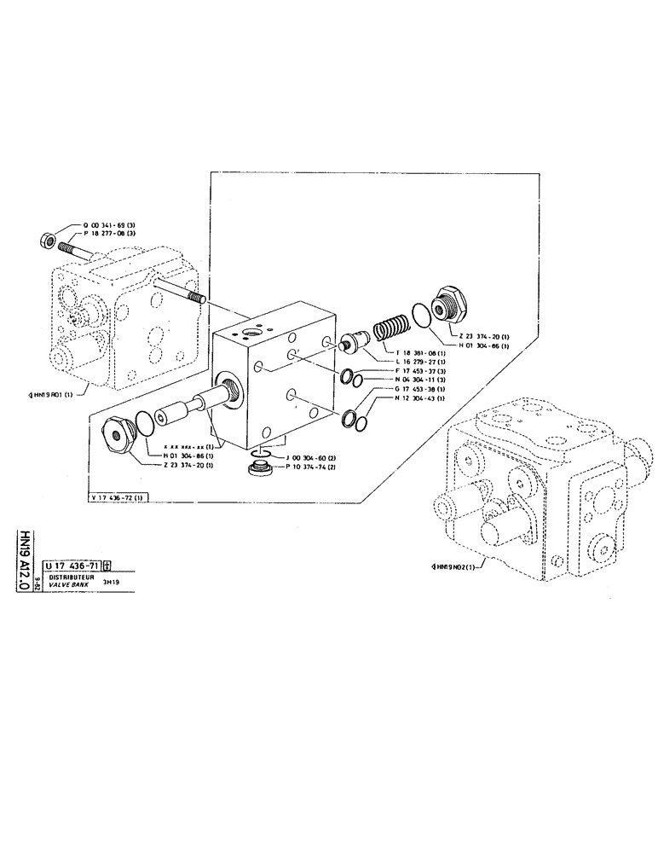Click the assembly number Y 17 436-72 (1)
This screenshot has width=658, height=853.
(x=118, y=497)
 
